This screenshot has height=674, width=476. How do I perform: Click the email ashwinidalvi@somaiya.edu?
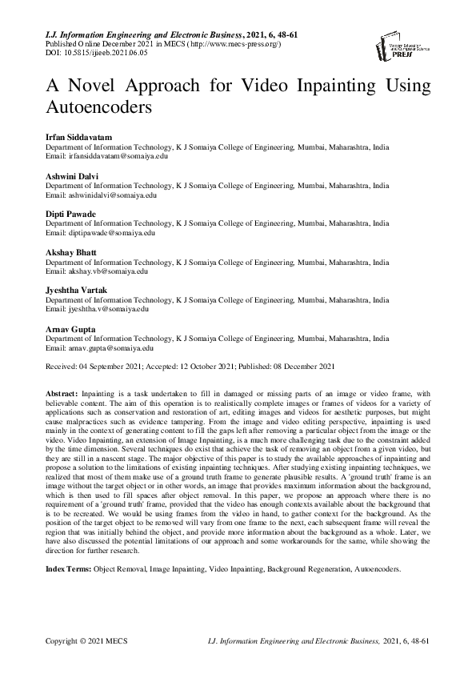[x=101, y=195]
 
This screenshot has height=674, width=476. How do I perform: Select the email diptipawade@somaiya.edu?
[x=98, y=233]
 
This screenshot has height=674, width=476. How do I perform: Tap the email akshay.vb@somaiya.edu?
[x=96, y=271]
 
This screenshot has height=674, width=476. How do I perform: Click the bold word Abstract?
[x=62, y=394]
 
